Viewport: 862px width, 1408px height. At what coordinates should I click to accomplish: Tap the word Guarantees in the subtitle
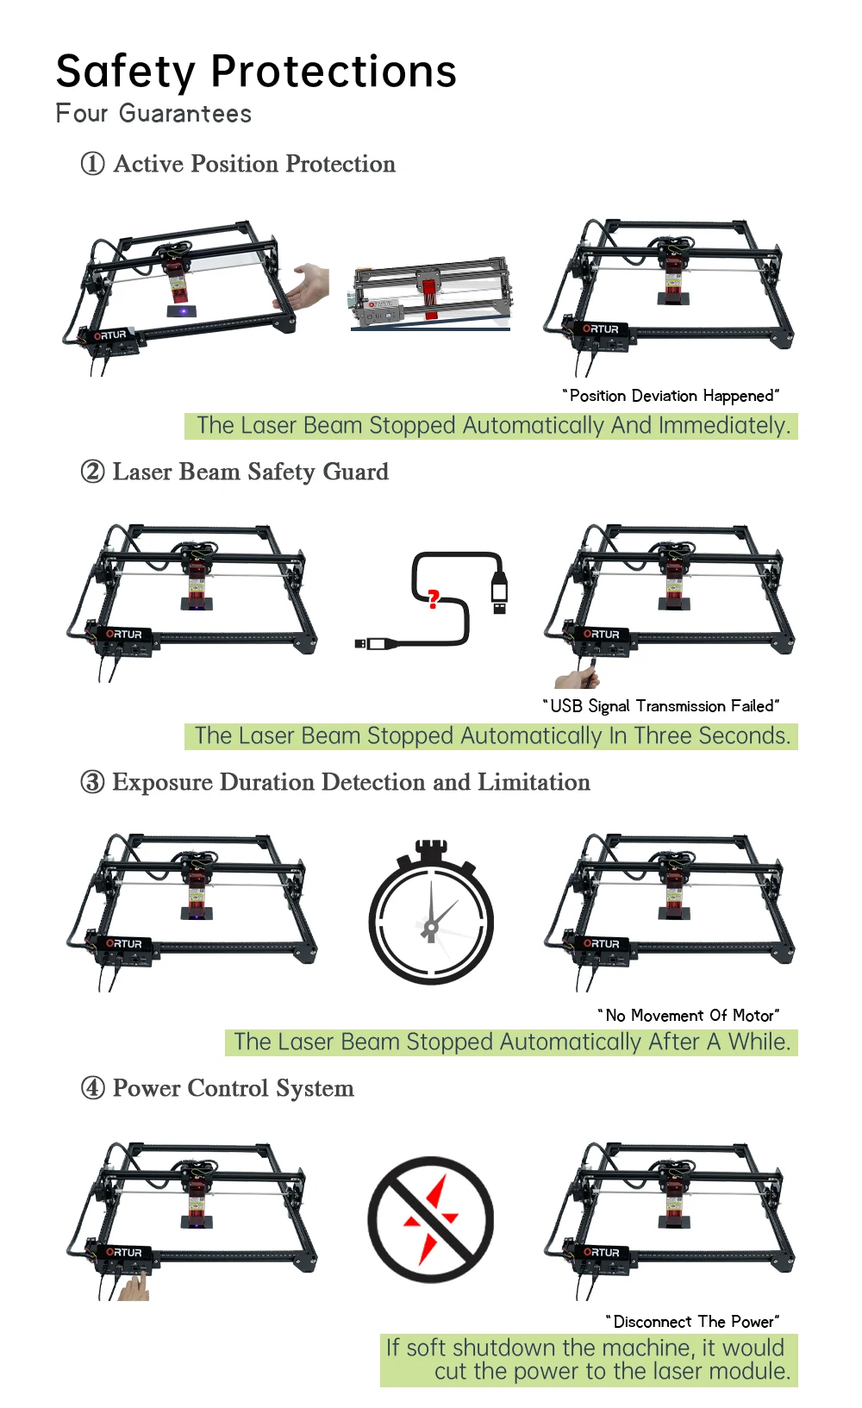185,114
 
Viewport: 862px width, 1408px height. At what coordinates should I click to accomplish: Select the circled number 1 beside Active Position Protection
92,164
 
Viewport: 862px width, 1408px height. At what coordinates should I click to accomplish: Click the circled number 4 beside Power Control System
92,1088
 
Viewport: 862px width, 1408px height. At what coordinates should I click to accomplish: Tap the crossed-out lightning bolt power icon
431,1219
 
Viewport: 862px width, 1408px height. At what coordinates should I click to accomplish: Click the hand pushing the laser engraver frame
308,287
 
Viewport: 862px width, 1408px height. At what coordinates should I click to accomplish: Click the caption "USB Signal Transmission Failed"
661,706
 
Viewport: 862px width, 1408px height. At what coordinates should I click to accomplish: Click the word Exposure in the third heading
162,782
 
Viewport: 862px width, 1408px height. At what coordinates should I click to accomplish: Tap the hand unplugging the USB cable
578,677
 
